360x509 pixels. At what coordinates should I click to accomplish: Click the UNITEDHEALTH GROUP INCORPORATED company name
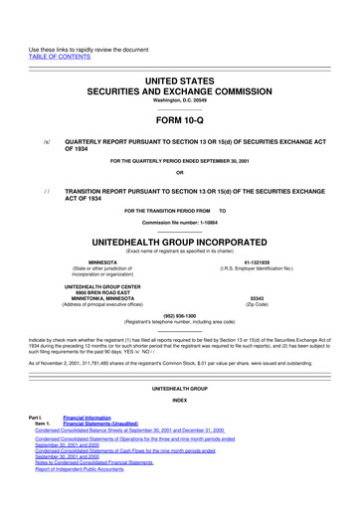180,214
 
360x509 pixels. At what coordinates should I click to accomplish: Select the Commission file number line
180,194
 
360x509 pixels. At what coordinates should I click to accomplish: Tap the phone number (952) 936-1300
180,287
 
